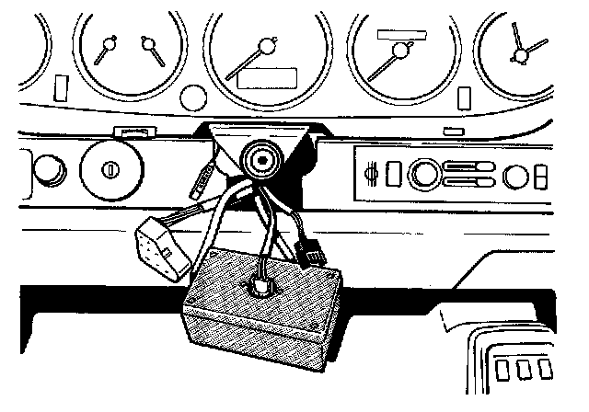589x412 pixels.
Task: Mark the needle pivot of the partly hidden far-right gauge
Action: point(521,56)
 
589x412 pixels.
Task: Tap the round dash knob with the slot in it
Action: point(110,169)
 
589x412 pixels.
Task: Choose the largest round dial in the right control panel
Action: point(424,173)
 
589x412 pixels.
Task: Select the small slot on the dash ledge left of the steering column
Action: point(134,132)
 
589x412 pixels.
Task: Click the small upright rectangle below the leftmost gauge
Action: point(62,88)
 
